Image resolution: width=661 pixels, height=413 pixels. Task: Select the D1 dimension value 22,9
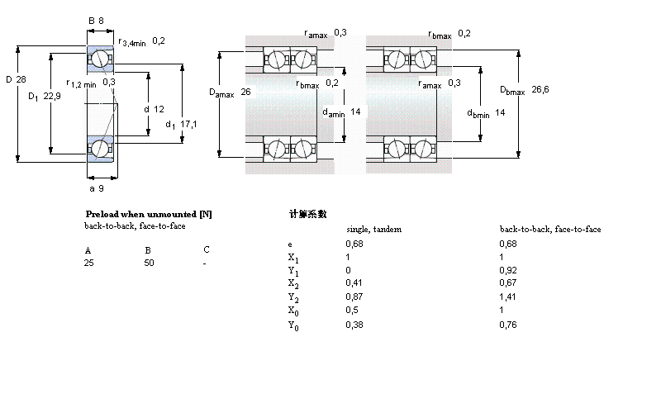pos(52,97)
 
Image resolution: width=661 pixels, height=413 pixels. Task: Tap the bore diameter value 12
pos(159,109)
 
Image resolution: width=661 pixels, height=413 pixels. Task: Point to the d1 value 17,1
pos(188,124)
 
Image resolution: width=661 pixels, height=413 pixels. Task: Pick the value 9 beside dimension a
pos(101,188)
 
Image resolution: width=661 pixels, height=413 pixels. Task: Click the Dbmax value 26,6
pos(540,89)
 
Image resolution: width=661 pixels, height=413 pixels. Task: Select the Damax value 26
pos(245,93)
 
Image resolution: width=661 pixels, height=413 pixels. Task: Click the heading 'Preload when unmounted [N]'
pos(149,214)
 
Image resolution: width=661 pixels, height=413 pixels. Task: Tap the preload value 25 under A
pos(88,263)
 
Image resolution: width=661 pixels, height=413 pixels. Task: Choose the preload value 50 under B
pos(149,263)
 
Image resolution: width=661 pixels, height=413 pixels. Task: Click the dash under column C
pos(205,263)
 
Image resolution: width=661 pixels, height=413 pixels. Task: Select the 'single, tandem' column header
pos(373,229)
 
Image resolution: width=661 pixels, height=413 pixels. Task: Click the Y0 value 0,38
pos(354,325)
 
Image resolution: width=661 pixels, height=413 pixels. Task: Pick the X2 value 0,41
pos(353,282)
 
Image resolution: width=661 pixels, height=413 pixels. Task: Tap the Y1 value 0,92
pos(507,269)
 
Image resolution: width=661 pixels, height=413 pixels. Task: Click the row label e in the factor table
pos(289,244)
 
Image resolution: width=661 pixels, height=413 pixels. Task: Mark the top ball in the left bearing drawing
pos(99,59)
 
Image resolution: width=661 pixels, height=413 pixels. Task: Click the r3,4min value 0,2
pos(159,41)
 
